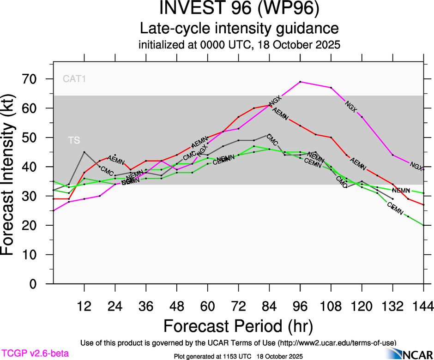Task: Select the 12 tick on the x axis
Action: pos(84,306)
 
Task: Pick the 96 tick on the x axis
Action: pos(300,306)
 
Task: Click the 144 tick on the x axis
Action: pos(423,306)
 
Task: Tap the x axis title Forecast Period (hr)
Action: pos(238,326)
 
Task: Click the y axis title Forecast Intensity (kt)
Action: pos(12,181)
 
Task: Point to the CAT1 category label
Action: pos(75,79)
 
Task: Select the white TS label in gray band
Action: pos(74,140)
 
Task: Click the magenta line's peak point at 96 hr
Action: pos(301,82)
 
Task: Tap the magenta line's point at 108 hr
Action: pos(331,88)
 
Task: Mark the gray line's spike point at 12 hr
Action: pos(84,152)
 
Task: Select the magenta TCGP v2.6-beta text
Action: pos(35,354)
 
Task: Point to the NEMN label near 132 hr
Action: pos(401,190)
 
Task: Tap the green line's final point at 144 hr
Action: pos(423,225)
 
